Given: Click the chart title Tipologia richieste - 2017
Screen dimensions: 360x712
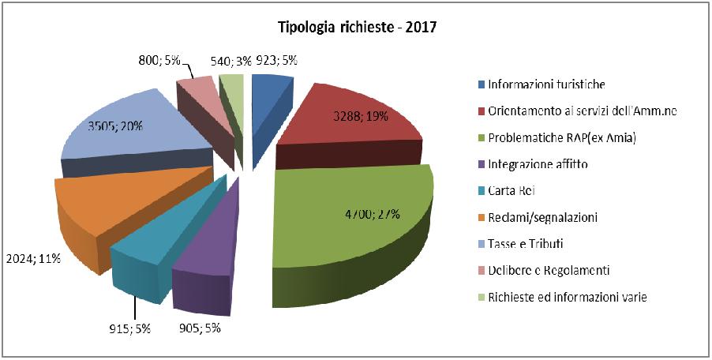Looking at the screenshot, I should coord(357,28).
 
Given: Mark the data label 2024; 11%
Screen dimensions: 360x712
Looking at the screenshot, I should coord(31,257).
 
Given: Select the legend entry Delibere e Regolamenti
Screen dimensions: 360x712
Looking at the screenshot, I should coord(549,270).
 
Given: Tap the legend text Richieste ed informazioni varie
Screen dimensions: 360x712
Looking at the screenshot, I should coord(567,297).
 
